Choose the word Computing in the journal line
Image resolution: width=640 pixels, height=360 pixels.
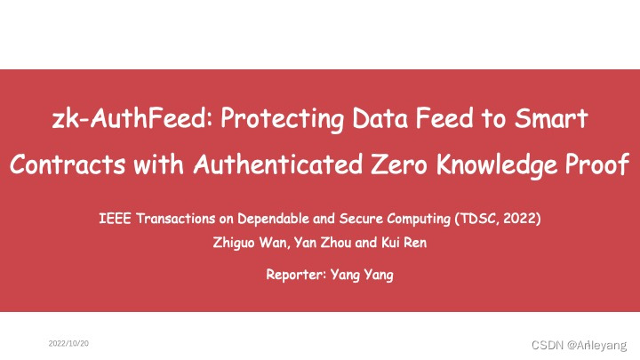point(415,217)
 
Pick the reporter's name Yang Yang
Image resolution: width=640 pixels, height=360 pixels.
point(362,275)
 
